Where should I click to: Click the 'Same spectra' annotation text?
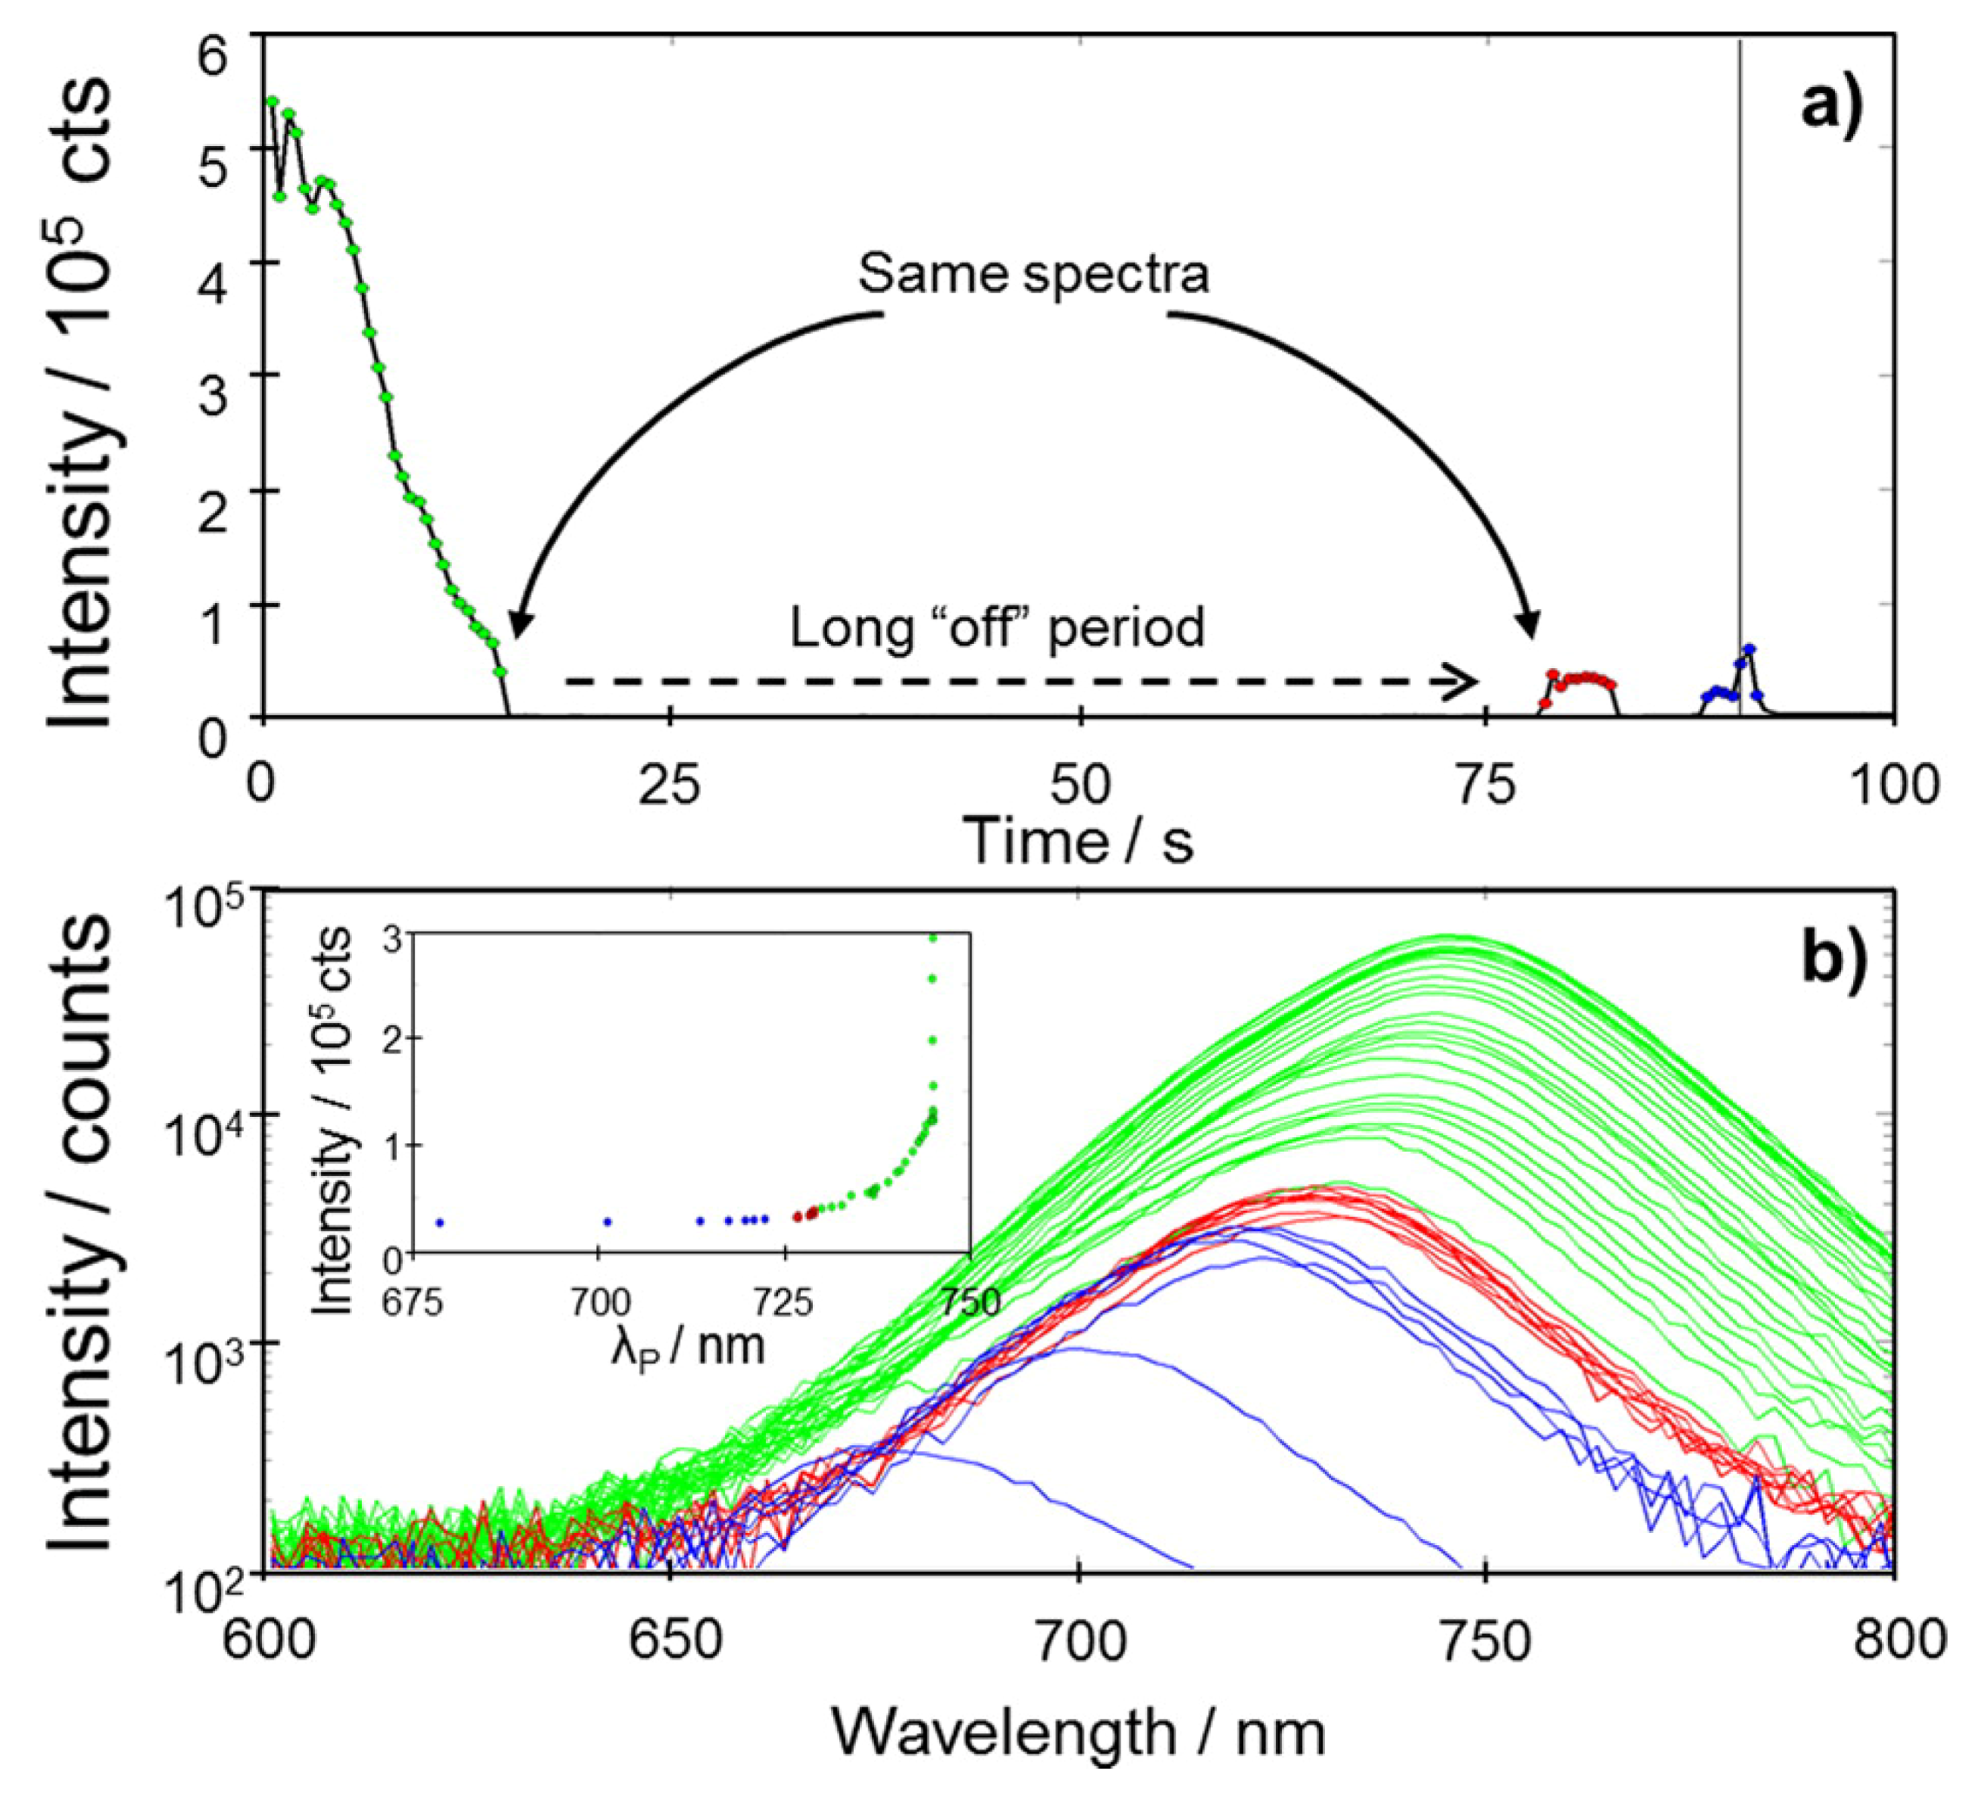pyautogui.click(x=1033, y=275)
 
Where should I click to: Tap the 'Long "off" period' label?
pyautogui.click(x=997, y=628)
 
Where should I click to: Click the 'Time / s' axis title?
pyautogui.click(x=1078, y=840)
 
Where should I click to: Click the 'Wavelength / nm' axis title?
pyautogui.click(x=1078, y=1732)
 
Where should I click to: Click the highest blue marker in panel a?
pyautogui.click(x=1749, y=648)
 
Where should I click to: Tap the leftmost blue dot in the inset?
pyautogui.click(x=440, y=1222)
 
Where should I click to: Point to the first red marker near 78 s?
pyautogui.click(x=1545, y=703)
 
